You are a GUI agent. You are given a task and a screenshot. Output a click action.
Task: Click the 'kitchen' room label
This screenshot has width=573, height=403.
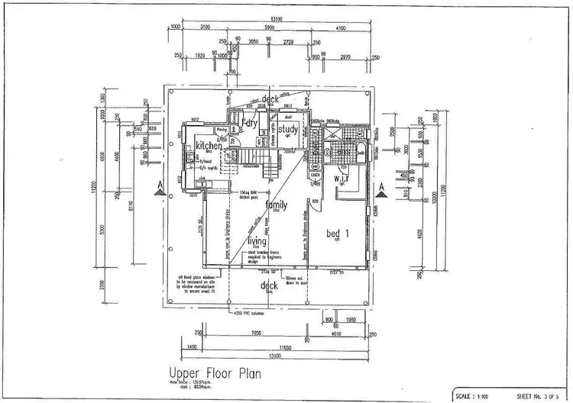coord(209,146)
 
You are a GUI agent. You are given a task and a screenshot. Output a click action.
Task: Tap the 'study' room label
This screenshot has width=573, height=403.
coord(287,129)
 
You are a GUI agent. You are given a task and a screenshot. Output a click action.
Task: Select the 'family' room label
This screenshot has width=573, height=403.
coord(276,205)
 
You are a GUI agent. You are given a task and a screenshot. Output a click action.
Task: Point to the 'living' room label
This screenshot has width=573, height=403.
coord(257,241)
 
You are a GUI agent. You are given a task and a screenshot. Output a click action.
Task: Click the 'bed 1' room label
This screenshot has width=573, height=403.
coord(338,233)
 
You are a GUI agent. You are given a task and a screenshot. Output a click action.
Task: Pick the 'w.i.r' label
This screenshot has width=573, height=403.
coord(342,179)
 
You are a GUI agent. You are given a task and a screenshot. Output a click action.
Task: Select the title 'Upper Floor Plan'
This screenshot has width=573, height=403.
coord(215,374)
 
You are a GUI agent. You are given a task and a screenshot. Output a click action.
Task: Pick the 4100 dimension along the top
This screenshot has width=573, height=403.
coord(342,27)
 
